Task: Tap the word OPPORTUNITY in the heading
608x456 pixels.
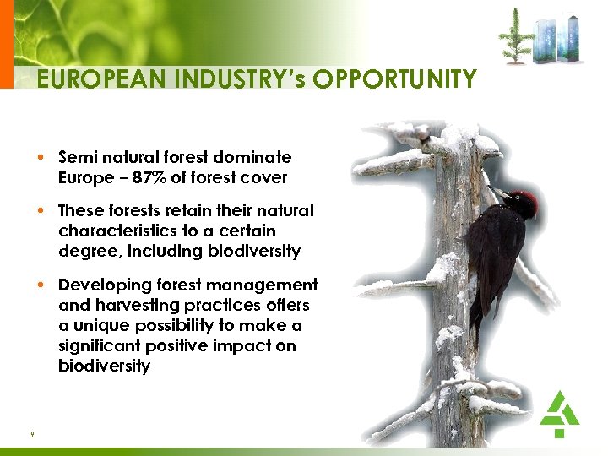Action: pos(394,79)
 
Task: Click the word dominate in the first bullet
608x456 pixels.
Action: pos(254,157)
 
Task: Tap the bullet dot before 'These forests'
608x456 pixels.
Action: pos(41,211)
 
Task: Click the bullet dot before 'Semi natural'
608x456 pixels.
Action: pos(41,158)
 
